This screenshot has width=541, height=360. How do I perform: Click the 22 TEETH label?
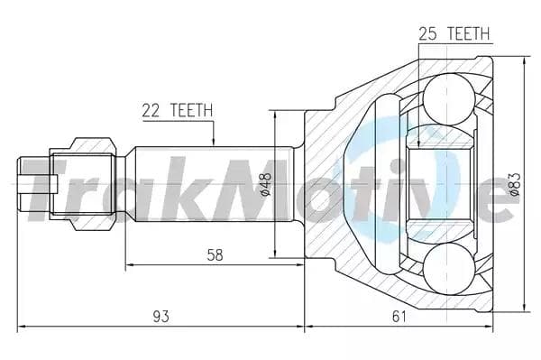point(178,110)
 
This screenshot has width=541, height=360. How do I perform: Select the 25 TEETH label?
point(454,33)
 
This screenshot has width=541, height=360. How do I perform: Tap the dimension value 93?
point(160,316)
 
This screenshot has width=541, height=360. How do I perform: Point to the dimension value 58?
point(215,255)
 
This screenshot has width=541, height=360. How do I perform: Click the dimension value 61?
point(399,316)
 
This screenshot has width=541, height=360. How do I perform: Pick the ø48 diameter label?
point(266,184)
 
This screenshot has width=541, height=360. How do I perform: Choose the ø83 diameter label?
point(515,184)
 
